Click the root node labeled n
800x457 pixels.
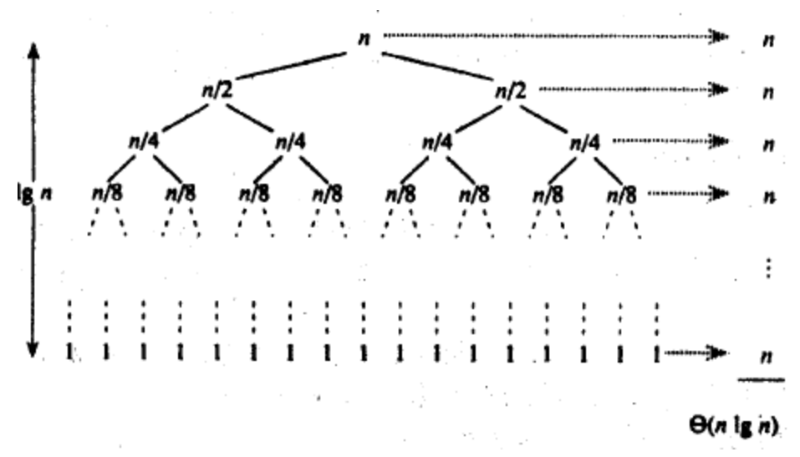pos(363,38)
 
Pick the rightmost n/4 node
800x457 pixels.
pos(586,143)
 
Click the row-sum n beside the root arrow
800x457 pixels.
pos(767,39)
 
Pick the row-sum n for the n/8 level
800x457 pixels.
pos(767,196)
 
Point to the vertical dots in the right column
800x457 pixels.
pos(767,268)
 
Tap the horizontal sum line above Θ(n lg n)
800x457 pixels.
pos(761,380)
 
